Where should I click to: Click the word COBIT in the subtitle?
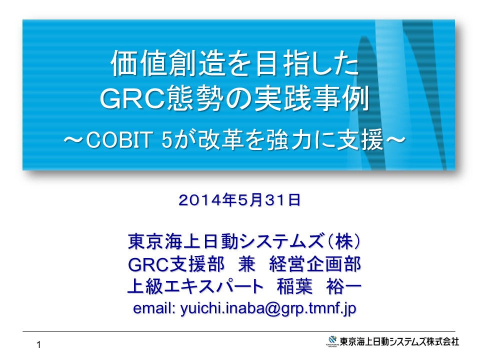119,140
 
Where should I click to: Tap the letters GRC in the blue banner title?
133,98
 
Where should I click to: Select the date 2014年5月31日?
239,200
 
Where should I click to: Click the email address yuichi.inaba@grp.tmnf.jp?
268,308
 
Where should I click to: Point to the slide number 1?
38,345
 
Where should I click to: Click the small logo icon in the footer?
332,340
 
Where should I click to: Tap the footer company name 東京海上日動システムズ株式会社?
399,341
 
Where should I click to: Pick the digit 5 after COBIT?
167,140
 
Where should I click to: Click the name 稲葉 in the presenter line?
294,286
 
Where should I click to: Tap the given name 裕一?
344,286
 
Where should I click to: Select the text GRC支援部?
176,264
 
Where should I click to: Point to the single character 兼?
246,264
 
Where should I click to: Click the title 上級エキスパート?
195,286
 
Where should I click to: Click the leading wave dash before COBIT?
73,140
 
